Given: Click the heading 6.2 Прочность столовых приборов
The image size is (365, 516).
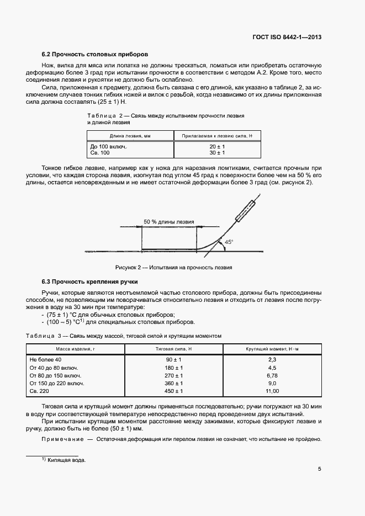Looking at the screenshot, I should [x=95, y=55].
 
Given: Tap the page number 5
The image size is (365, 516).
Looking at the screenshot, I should [x=320, y=469].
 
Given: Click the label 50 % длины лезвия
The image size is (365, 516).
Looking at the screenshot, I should [x=169, y=222].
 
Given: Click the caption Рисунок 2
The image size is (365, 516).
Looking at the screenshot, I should [x=173, y=267].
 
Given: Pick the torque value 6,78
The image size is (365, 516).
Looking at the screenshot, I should [x=272, y=375].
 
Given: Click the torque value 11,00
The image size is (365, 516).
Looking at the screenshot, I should [x=272, y=390].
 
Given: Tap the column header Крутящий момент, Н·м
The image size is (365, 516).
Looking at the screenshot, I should [x=272, y=349].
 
